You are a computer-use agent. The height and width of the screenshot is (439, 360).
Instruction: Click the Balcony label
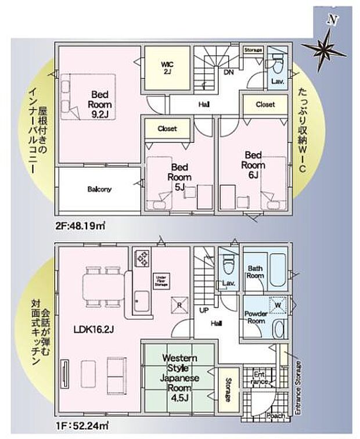[99, 189]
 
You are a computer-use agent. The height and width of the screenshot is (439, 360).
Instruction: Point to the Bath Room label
[256, 272]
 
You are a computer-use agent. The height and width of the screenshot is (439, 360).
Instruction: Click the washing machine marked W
[277, 305]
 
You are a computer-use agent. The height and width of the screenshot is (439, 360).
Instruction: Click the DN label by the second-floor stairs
[229, 72]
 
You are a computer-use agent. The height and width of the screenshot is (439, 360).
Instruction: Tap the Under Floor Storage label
[161, 281]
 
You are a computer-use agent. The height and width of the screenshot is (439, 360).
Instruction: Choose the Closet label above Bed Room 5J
[167, 128]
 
